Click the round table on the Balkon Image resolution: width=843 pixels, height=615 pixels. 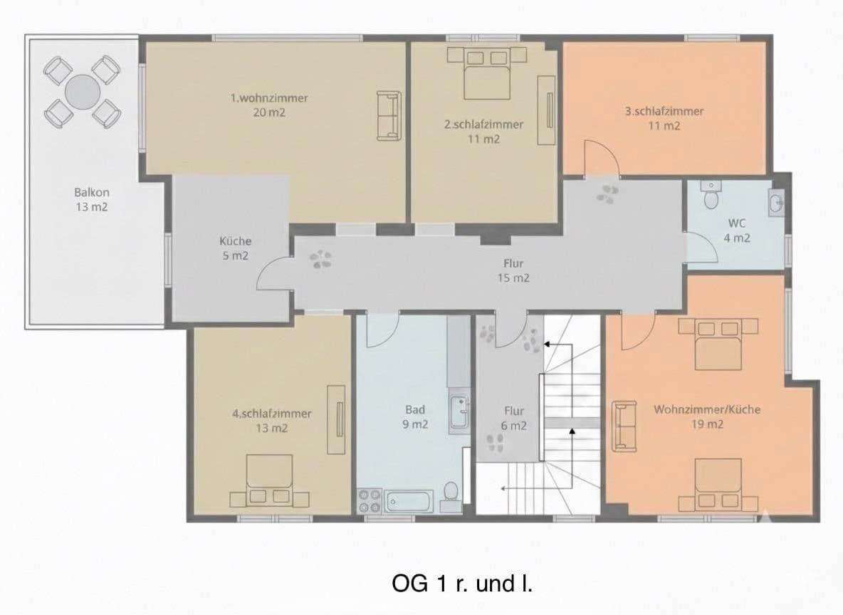83,91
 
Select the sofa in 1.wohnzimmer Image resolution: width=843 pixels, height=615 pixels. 388,115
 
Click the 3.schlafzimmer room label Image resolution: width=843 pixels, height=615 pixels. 664,118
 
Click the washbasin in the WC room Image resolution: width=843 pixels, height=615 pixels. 777,204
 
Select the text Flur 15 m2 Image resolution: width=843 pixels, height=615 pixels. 513,271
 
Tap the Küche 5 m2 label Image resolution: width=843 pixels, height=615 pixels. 235,248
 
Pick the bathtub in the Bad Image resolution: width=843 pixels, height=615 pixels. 409,500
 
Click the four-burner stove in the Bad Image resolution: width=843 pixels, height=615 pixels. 370,500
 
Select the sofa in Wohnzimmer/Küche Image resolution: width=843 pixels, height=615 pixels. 624,426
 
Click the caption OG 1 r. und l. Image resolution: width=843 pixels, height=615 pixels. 461,584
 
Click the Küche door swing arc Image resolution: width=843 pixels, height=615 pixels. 271,274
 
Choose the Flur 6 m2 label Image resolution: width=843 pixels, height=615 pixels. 513,419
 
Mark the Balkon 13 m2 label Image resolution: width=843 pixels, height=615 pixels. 91,199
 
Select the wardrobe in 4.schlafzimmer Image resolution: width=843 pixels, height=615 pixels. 335,419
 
